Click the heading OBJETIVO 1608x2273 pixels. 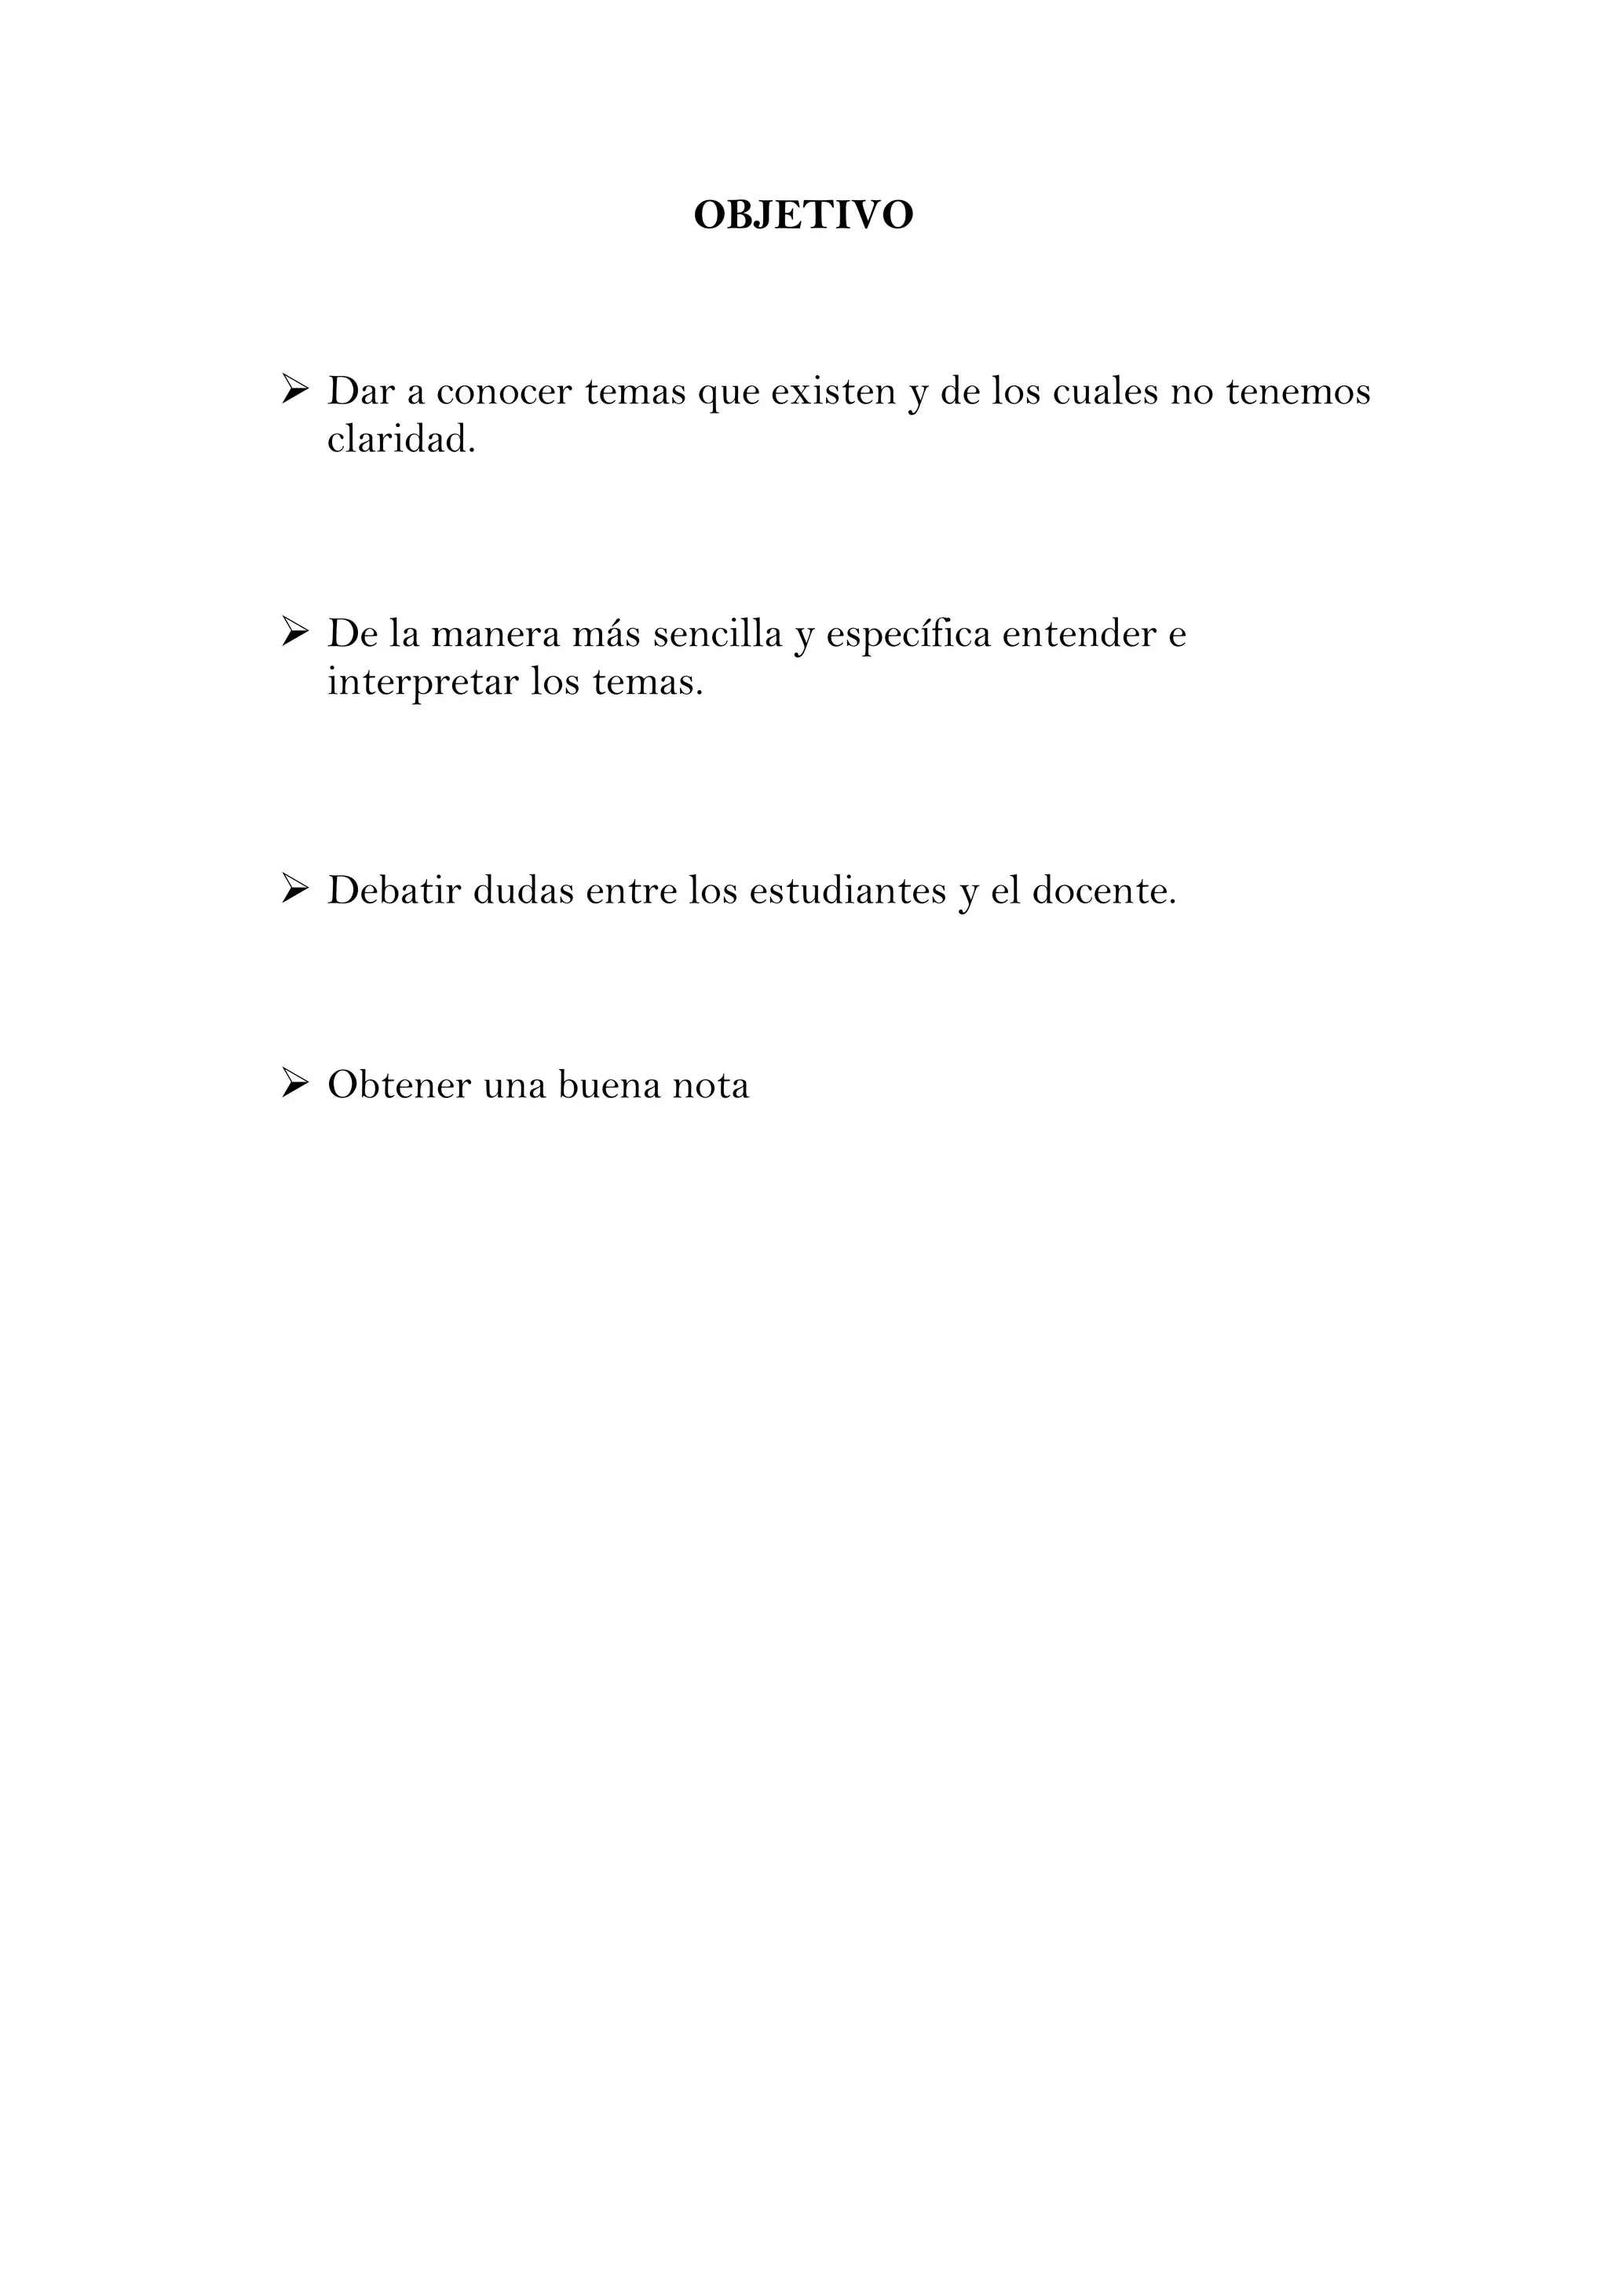(803, 215)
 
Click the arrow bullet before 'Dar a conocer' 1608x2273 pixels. (295, 389)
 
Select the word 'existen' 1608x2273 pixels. (833, 392)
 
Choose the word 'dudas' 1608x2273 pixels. (524, 891)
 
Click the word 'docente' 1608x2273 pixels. (1102, 891)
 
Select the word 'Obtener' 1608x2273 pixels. (399, 1085)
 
